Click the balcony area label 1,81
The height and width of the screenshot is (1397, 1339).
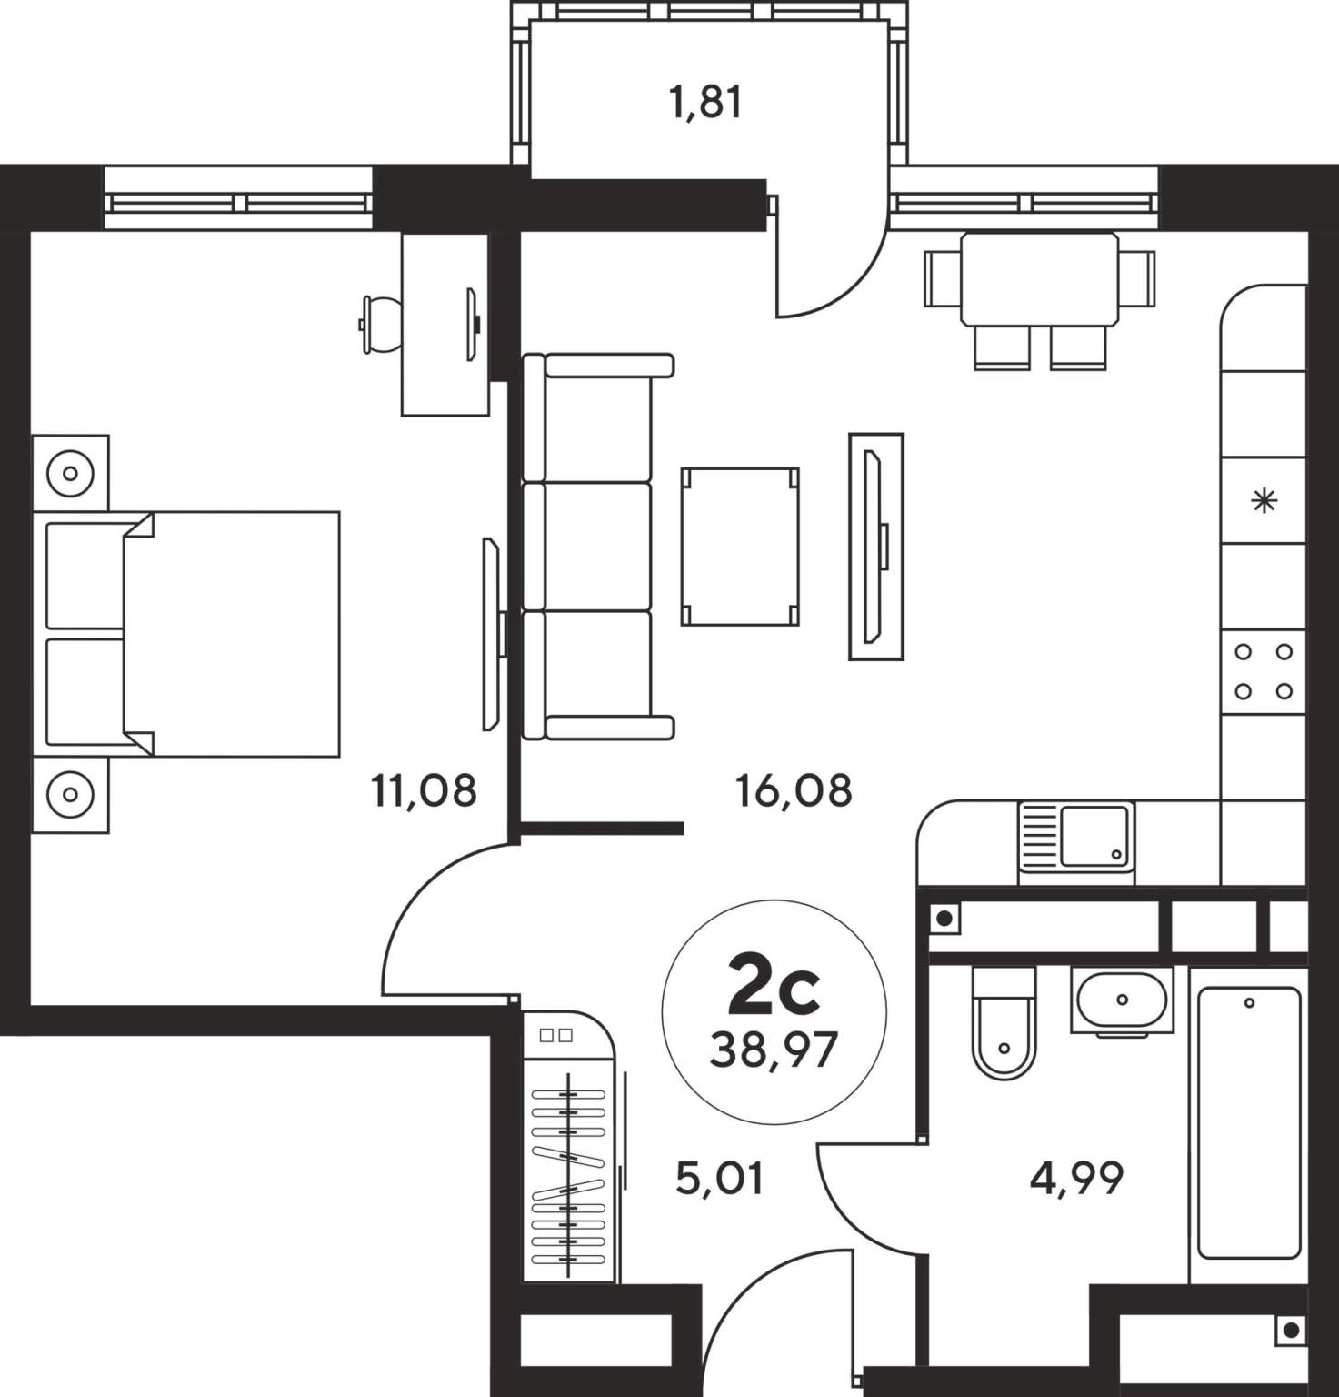click(705, 102)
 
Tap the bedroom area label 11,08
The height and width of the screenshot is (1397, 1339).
click(424, 790)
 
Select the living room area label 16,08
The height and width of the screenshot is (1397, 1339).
click(794, 790)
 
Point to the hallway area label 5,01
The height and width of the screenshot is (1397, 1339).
click(719, 1179)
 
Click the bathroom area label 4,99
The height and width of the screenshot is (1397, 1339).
click(1076, 1179)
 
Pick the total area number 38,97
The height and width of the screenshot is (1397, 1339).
click(774, 1051)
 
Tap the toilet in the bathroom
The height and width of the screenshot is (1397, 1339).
click(1004, 1022)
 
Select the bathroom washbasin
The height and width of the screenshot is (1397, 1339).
click(1123, 1000)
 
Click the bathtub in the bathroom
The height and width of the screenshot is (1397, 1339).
click(1249, 1123)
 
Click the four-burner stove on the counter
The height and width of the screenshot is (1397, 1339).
click(1264, 671)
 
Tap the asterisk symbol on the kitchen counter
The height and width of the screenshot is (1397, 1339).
click(1264, 500)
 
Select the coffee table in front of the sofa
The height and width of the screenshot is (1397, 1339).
click(740, 546)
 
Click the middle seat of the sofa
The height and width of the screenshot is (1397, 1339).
click(588, 546)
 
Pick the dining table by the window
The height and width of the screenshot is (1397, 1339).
click(1040, 278)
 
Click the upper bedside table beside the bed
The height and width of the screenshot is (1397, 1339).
click(70, 473)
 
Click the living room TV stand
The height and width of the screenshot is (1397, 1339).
click(876, 546)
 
